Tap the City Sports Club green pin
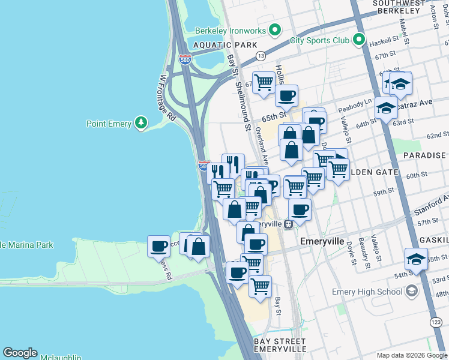coord(359,40)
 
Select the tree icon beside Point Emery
coord(141,124)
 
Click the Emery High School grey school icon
coord(412,292)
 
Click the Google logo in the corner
coord(20,353)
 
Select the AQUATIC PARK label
coord(224,45)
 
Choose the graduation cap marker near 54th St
coord(416,259)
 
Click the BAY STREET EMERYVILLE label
coord(280,344)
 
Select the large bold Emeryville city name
coord(322,241)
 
